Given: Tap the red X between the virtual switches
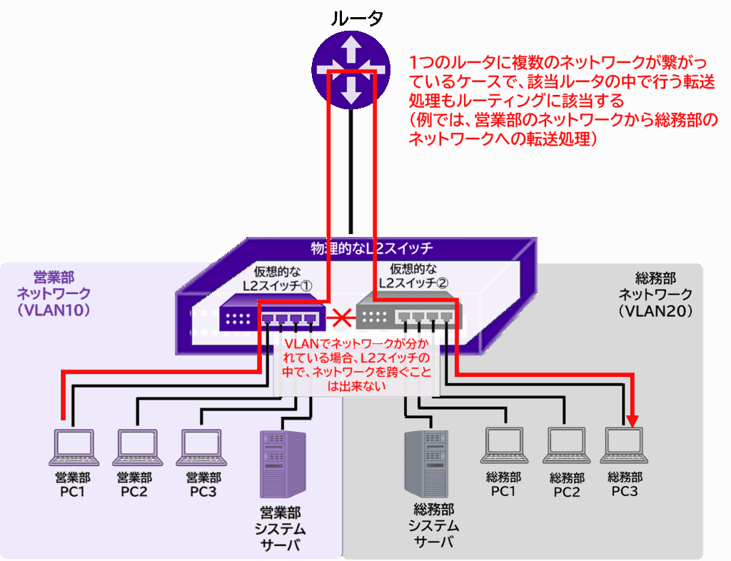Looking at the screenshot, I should pos(341,314).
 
